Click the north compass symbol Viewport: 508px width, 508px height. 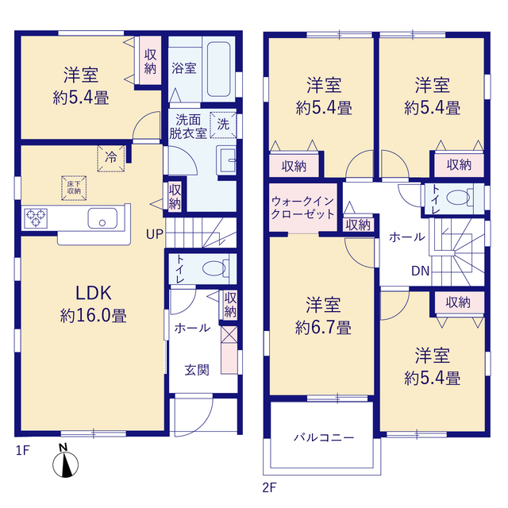65,461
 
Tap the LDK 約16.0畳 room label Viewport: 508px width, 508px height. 94,303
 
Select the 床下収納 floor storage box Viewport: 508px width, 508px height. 74,188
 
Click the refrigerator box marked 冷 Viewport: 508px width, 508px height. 111,158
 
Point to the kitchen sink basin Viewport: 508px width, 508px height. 102,218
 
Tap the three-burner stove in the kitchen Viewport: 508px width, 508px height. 36,218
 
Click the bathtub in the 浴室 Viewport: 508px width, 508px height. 219,69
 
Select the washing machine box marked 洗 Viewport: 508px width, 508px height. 223,125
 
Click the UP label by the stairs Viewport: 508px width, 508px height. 155,234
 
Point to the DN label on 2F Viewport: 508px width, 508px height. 420,271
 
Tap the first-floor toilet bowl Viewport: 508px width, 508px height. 214,268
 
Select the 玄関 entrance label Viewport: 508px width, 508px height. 197,370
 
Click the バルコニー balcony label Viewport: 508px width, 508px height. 324,437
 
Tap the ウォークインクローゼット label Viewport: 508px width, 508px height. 302,207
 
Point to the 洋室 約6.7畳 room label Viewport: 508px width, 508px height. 323,316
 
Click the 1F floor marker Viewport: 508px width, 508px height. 23,450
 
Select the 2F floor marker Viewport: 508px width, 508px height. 269,487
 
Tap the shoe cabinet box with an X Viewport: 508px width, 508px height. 229,334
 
